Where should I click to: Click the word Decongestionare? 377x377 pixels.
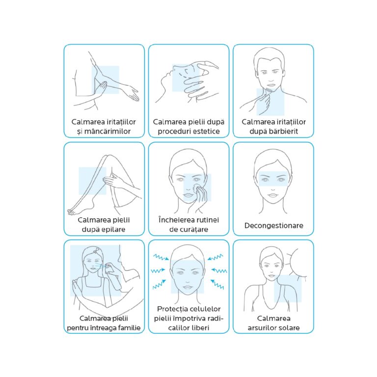(273, 225)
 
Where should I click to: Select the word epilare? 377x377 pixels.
(112, 229)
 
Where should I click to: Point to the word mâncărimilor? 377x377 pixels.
(108, 131)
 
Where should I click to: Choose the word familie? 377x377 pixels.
(128, 328)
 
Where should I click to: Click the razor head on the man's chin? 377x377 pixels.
(269, 90)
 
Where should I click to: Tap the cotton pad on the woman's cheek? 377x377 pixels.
(198, 187)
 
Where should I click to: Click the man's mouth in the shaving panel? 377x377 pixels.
(271, 85)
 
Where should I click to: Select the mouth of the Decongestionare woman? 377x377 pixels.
(273, 195)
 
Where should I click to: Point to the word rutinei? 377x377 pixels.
(207, 220)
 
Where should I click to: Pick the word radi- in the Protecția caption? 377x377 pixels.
(215, 318)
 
